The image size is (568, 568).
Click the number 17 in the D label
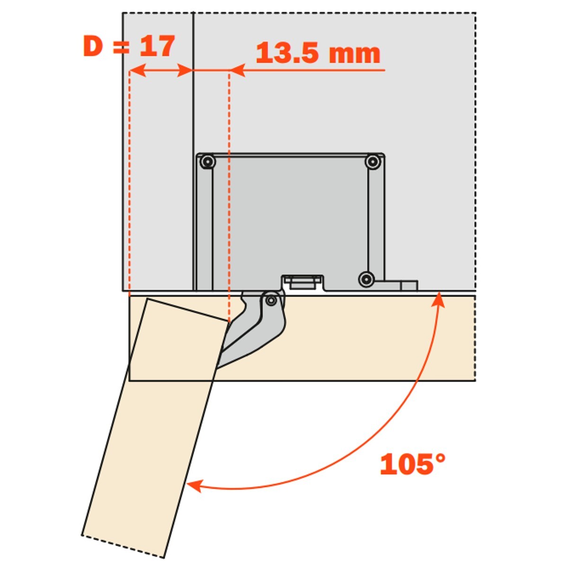point(157,46)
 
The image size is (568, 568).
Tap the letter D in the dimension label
point(93,46)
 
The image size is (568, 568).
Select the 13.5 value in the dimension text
point(287,53)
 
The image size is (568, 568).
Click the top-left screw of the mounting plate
point(208,161)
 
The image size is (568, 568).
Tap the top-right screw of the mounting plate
point(373,161)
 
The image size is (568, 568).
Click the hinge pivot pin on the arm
point(271,301)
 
